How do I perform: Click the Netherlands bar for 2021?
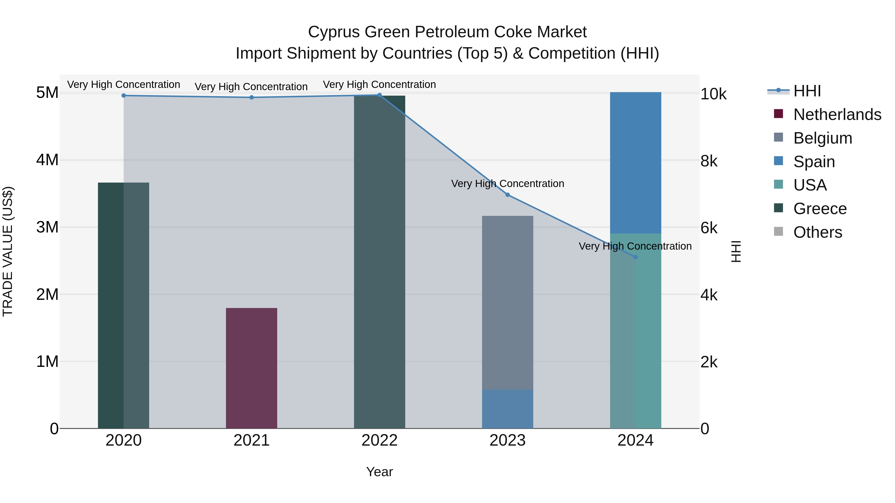252,368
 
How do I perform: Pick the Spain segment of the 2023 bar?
507,409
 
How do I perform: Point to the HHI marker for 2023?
507,195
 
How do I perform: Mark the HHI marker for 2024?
635,257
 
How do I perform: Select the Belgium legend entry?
822,138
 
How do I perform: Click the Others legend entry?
817,232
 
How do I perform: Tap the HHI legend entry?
807,91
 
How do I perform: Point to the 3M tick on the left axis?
47,227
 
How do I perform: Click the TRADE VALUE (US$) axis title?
8,251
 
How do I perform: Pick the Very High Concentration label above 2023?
507,184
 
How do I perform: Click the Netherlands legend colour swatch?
778,114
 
